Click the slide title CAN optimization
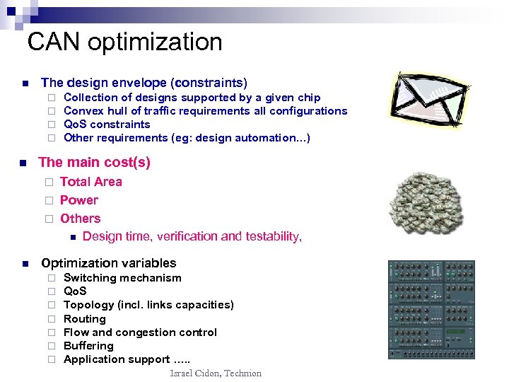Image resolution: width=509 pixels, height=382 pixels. coord(124,42)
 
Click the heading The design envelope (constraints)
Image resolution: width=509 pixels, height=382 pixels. coord(144,83)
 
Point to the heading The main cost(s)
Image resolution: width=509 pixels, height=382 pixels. coord(94,162)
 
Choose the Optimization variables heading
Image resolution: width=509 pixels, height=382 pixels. coord(108,262)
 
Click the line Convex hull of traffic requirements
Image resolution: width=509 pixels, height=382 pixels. coord(205,111)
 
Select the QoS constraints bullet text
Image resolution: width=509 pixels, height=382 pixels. coord(107,125)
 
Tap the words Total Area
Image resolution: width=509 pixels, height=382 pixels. coord(90,182)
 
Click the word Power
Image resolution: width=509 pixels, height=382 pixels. coord(79,200)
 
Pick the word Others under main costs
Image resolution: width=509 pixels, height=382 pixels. coord(80,219)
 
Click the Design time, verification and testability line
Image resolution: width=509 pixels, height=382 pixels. coord(192,236)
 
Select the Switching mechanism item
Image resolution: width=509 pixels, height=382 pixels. coord(122,278)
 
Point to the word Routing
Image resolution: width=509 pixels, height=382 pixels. coord(84,319)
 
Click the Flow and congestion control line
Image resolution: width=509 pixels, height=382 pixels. coord(140,332)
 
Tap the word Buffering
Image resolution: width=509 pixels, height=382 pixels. coord(88,346)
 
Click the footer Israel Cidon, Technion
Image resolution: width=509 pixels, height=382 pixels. coord(216,373)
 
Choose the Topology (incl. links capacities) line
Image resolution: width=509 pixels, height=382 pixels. coord(148,305)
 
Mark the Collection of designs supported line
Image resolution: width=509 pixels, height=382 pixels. coord(192,98)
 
